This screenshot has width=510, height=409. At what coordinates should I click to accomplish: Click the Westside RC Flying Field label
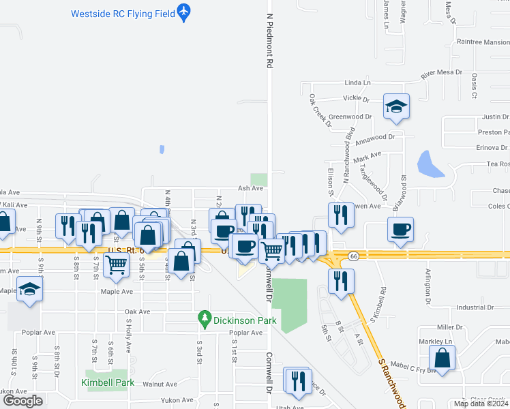[x=121, y=13]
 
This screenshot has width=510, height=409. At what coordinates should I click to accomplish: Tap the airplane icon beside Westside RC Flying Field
[x=183, y=12]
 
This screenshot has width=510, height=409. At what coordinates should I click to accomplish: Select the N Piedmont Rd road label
[x=270, y=41]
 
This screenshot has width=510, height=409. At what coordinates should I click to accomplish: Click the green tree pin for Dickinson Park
[x=203, y=317]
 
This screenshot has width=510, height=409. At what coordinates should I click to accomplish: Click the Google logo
[x=22, y=401]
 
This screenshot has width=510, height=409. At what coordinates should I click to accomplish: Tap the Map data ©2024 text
[x=481, y=404]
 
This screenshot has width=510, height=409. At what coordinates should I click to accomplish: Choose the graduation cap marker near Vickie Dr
[x=396, y=106]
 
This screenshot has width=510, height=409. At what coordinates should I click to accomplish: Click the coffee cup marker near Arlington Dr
[x=400, y=229]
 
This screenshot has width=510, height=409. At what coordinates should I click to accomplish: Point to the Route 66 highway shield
[x=352, y=256]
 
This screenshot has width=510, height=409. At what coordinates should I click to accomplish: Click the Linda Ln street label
[x=357, y=82]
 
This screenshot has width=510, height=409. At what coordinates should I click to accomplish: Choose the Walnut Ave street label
[x=160, y=384]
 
